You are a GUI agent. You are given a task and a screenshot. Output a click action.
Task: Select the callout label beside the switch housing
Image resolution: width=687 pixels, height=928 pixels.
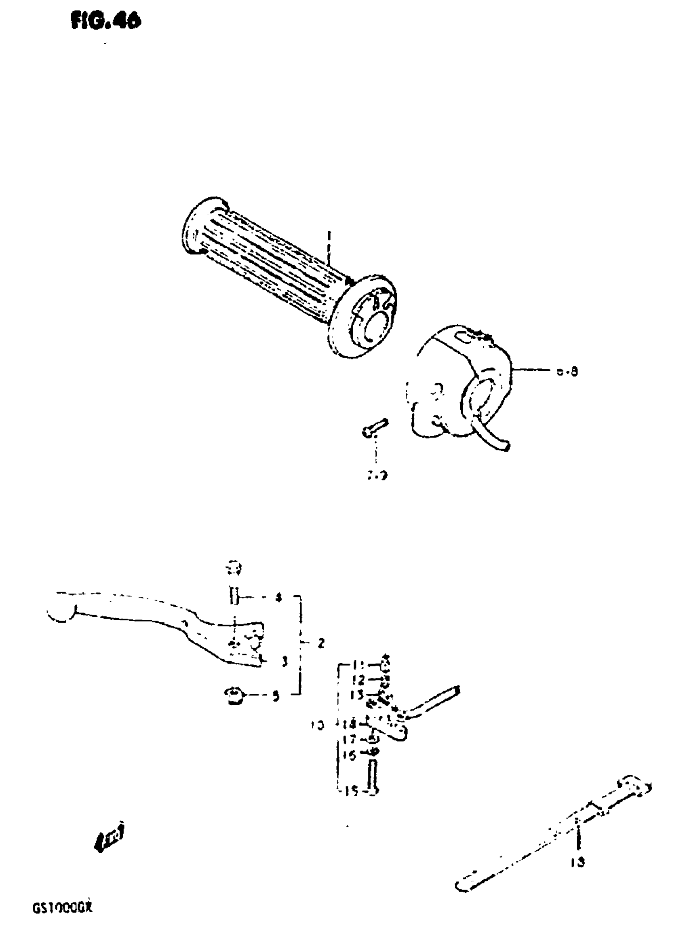click(568, 371)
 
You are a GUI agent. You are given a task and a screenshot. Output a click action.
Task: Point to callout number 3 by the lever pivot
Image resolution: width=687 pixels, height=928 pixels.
click(285, 662)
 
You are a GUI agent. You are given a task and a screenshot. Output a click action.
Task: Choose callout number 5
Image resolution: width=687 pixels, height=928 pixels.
click(275, 696)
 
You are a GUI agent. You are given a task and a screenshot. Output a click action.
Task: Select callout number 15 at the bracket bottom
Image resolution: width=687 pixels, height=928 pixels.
click(352, 791)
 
